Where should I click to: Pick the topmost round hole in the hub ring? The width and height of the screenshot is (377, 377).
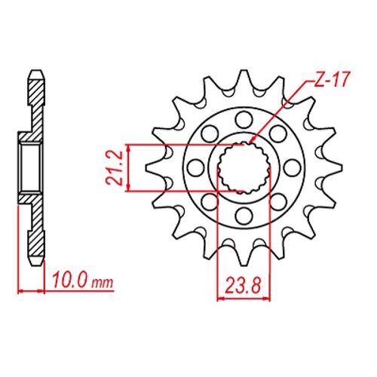[243, 118]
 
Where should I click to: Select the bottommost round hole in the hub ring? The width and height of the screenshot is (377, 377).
[244, 217]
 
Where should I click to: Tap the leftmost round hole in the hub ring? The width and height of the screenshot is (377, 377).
[195, 167]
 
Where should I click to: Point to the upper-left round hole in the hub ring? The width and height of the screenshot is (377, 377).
[208, 132]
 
